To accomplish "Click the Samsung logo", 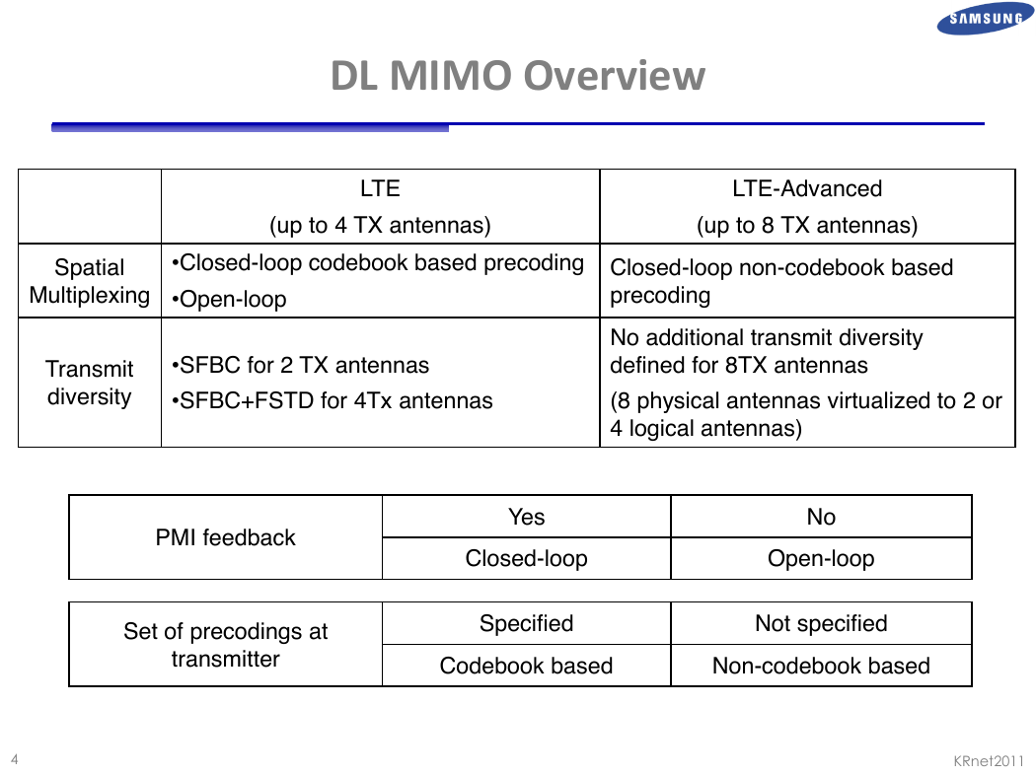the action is pyautogui.click(x=985, y=18).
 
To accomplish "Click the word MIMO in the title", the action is pyautogui.click(x=451, y=75).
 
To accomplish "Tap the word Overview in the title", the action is pyautogui.click(x=615, y=75).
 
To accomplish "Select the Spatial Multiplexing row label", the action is pyautogui.click(x=89, y=281).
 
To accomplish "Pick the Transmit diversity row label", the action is pyautogui.click(x=89, y=383).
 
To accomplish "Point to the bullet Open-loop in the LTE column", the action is pyautogui.click(x=229, y=299).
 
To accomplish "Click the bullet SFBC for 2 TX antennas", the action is pyautogui.click(x=300, y=365).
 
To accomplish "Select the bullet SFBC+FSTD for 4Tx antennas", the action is pyautogui.click(x=332, y=400).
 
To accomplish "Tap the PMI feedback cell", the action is pyautogui.click(x=225, y=537).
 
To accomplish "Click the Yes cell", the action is pyautogui.click(x=527, y=517).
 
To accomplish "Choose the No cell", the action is pyautogui.click(x=821, y=517).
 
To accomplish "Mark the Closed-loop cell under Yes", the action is pyautogui.click(x=527, y=558).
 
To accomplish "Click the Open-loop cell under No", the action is pyautogui.click(x=821, y=558).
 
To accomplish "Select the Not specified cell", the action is pyautogui.click(x=821, y=623).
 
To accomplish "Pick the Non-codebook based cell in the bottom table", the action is pyautogui.click(x=821, y=666).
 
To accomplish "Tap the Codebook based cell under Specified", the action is pyautogui.click(x=527, y=666).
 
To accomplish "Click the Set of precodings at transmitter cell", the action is pyautogui.click(x=225, y=645).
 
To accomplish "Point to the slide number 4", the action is pyautogui.click(x=15, y=759).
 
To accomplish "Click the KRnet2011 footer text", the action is pyautogui.click(x=989, y=761).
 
